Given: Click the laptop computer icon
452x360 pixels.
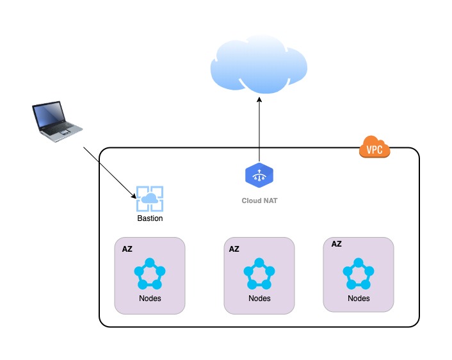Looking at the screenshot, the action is [57, 121].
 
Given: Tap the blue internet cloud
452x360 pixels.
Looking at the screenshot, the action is [259, 64].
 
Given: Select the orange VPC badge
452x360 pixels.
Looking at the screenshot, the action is [375, 147].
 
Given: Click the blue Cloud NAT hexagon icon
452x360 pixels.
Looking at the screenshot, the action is [259, 175].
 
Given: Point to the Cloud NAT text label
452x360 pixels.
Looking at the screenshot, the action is [259, 200].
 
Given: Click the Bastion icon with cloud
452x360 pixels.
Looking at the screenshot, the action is [150, 199].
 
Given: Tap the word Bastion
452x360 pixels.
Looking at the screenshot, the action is [150, 218].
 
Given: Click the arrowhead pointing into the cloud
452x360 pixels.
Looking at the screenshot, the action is [259, 99].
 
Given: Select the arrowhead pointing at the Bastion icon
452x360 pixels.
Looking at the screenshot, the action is [133, 195].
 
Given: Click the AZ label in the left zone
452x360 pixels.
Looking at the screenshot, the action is [127, 249].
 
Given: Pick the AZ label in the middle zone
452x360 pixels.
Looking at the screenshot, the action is [234, 249].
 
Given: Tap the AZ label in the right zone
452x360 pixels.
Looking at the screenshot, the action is [336, 244].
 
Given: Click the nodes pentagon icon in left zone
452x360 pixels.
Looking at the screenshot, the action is [150, 274].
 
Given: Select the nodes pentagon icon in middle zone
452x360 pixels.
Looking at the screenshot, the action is [259, 274].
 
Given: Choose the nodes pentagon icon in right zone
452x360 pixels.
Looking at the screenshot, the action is [359, 274].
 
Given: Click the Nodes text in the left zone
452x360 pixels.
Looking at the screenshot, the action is [150, 299].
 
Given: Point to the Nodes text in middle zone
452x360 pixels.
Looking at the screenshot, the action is [259, 299].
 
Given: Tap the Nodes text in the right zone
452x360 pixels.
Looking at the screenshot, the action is [359, 299].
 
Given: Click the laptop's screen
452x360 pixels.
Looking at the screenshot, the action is [49, 114].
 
